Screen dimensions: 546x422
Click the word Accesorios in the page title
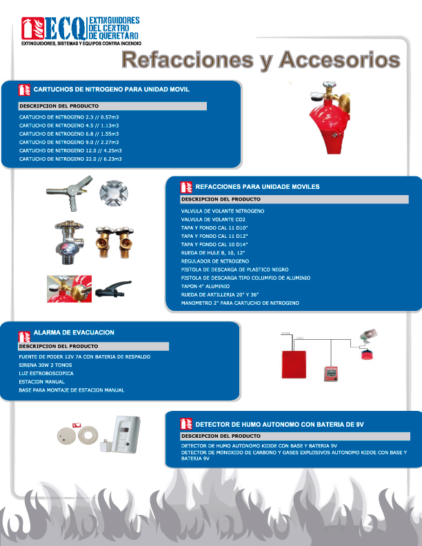point(340,61)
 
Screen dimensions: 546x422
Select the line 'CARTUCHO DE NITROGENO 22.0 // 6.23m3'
point(70,159)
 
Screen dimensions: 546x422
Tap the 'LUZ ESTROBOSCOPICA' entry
point(46,373)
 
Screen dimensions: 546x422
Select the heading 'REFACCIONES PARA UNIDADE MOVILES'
point(257,187)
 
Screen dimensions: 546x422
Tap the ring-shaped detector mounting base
point(88,436)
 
